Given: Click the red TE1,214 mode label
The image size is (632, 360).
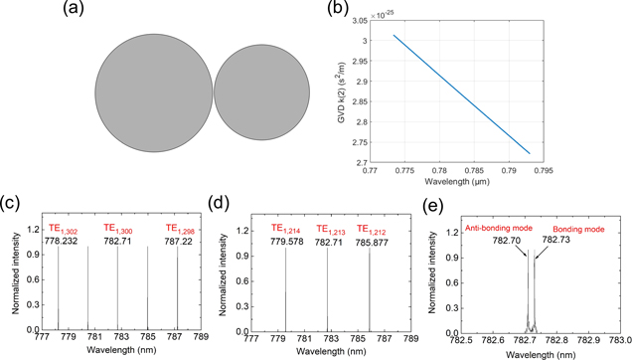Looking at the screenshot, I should pos(287,229).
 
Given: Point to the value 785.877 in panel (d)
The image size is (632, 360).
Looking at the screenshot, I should pos(375,241).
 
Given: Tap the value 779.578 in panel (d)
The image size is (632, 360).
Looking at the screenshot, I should pos(287,241).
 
